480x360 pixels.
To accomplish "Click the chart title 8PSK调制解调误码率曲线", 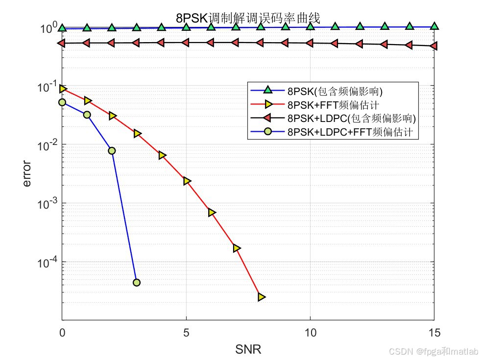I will (248, 19).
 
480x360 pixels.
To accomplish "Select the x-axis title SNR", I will (248, 349).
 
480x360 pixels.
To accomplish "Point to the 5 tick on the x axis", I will (186, 333).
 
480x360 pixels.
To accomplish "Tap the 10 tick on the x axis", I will (310, 333).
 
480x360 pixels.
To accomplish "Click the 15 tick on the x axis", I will (434, 333).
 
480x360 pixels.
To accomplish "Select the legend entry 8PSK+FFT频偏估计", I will (333, 104).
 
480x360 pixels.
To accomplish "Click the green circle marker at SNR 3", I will (137, 283).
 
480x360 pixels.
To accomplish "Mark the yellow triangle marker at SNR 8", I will (261, 297).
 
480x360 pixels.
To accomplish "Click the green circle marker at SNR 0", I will (62, 102).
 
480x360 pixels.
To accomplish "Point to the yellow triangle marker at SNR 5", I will (187, 181).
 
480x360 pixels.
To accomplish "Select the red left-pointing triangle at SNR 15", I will (433, 46).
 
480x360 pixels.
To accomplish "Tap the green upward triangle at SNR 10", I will (310, 26).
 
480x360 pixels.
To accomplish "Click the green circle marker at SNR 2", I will (112, 151).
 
